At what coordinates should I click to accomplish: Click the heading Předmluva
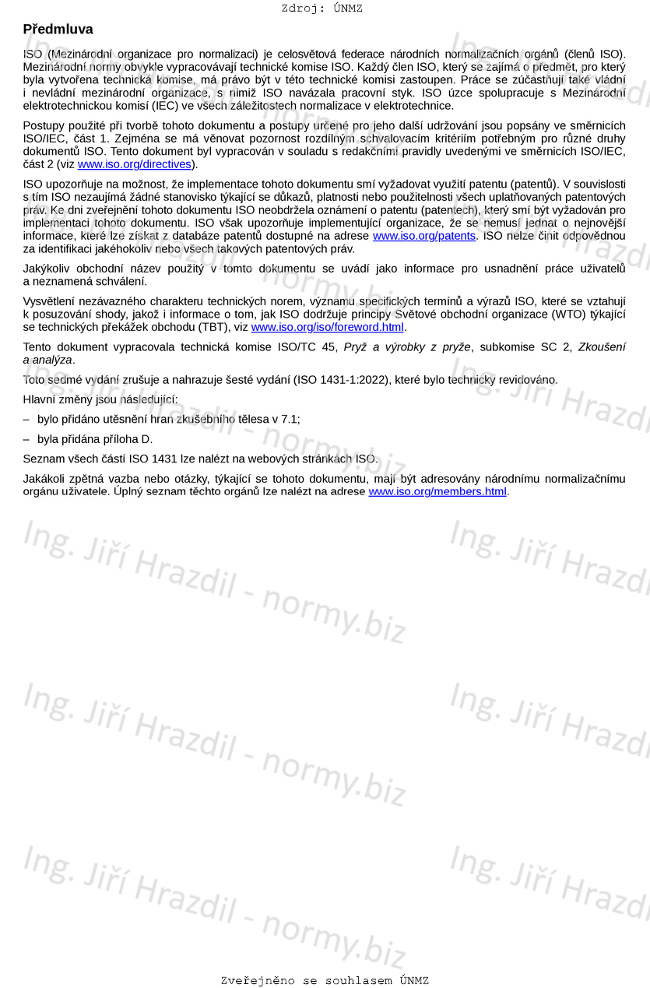(58, 30)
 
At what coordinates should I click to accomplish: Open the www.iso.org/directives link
(134, 164)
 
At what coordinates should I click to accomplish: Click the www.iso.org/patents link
(423, 236)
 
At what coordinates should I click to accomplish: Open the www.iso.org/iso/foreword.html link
(327, 327)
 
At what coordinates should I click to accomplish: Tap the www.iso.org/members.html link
(437, 491)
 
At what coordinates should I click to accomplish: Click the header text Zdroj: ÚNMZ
(321, 9)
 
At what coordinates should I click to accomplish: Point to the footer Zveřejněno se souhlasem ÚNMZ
(325, 980)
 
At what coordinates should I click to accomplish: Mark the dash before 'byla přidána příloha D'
(26, 439)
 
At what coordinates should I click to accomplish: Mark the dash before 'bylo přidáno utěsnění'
(26, 419)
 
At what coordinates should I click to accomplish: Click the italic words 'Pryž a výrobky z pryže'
(407, 347)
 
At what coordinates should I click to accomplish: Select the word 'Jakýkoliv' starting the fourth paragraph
(47, 269)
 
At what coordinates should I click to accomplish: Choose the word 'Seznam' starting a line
(44, 459)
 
